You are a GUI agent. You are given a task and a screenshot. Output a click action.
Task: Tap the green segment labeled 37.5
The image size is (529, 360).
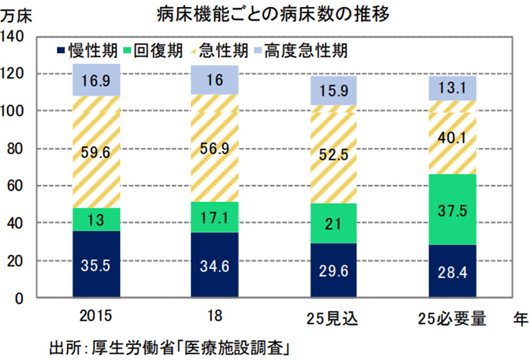click(x=453, y=210)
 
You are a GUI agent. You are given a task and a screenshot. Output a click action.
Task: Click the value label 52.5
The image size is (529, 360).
click(x=333, y=157)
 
